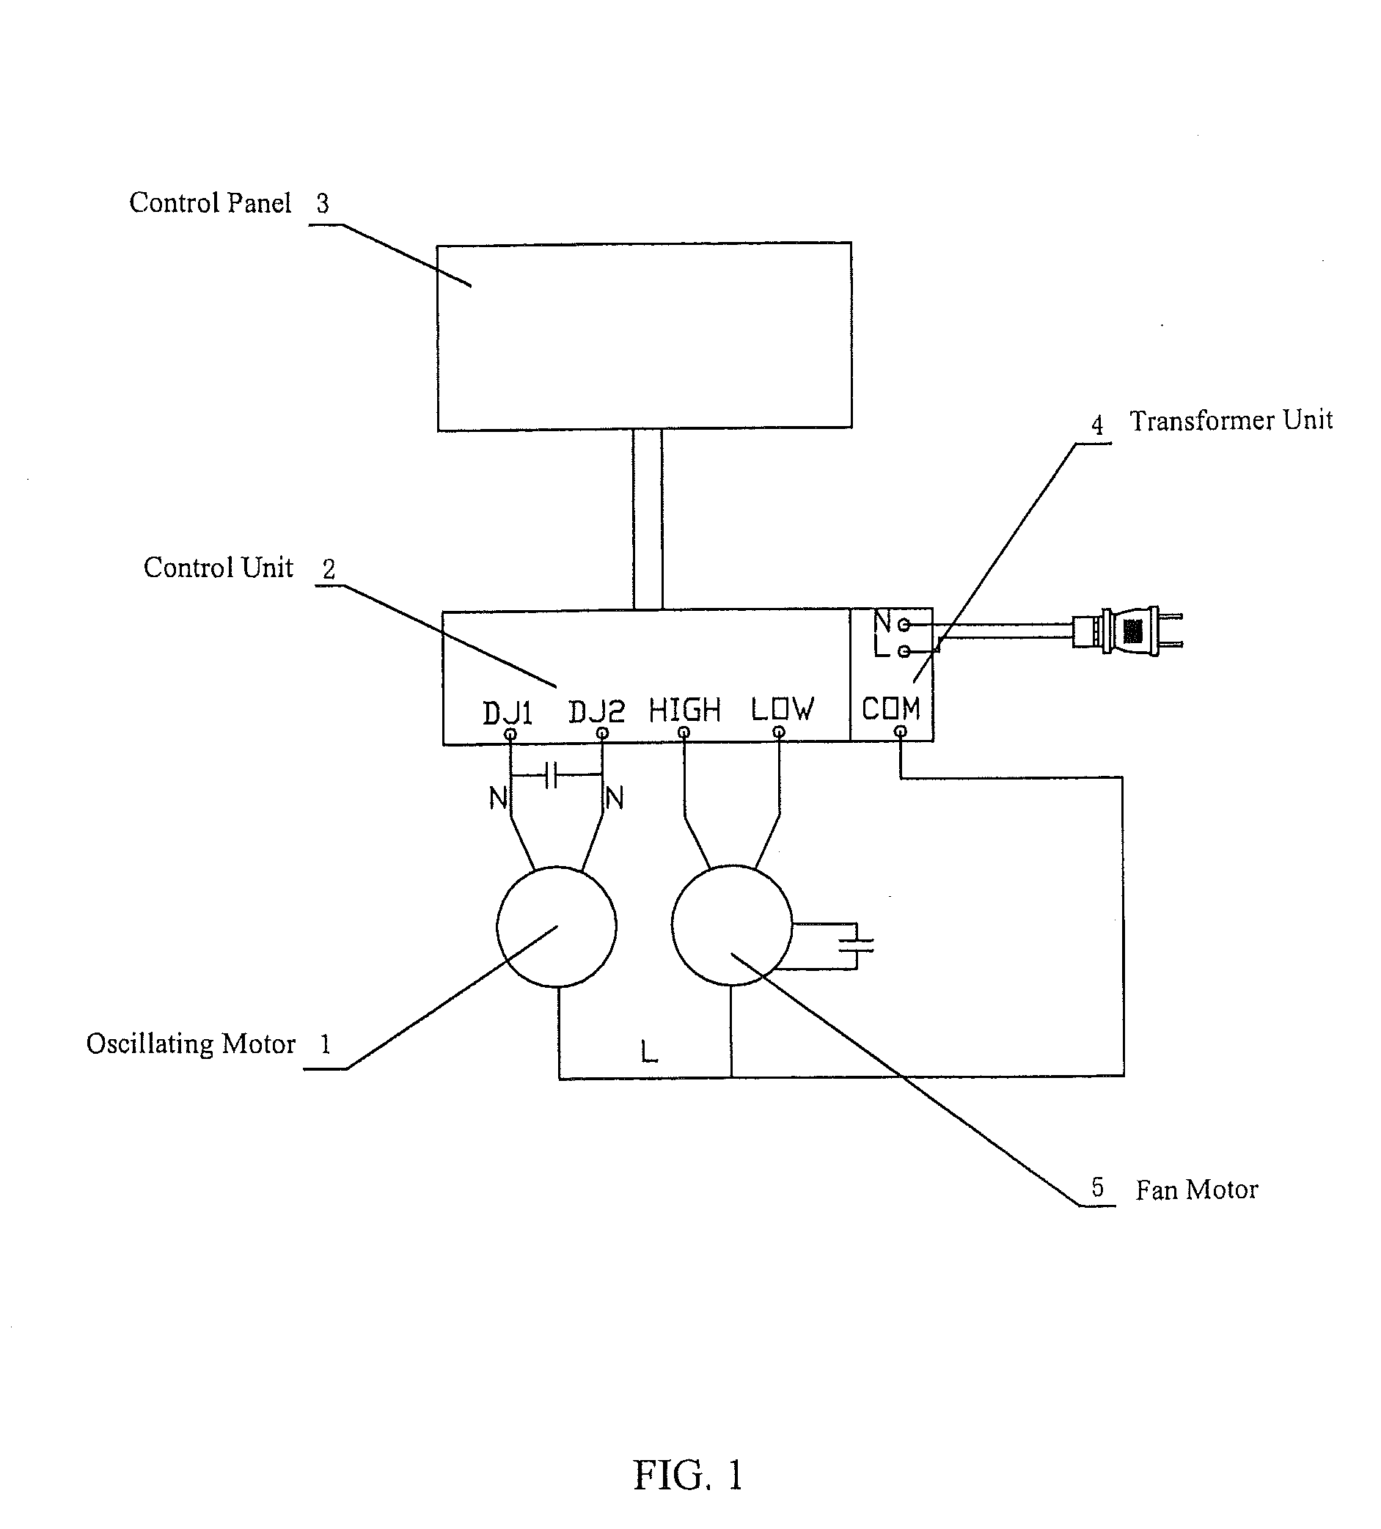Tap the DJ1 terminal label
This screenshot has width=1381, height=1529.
[x=508, y=713]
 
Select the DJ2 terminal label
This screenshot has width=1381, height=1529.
[x=597, y=711]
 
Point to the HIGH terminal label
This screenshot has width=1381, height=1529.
[x=684, y=710]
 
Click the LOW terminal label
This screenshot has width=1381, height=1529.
[x=782, y=709]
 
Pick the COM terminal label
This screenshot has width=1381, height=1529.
[x=890, y=708]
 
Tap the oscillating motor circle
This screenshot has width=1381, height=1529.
[x=556, y=926]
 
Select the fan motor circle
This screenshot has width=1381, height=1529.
[x=731, y=925]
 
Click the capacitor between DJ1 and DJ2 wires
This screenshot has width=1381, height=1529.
[x=552, y=775]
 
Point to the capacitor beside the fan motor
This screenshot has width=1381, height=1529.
[x=856, y=945]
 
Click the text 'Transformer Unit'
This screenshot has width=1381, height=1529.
[x=1230, y=420]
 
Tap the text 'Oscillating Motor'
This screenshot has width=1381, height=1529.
[x=191, y=1044]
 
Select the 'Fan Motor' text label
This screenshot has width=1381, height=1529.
[x=1196, y=1189]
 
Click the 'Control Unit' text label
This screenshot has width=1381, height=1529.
[x=218, y=568]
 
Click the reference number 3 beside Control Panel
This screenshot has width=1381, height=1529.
[x=322, y=203]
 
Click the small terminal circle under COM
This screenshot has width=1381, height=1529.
[x=900, y=732]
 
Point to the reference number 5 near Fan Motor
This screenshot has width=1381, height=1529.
[x=1096, y=1187]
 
